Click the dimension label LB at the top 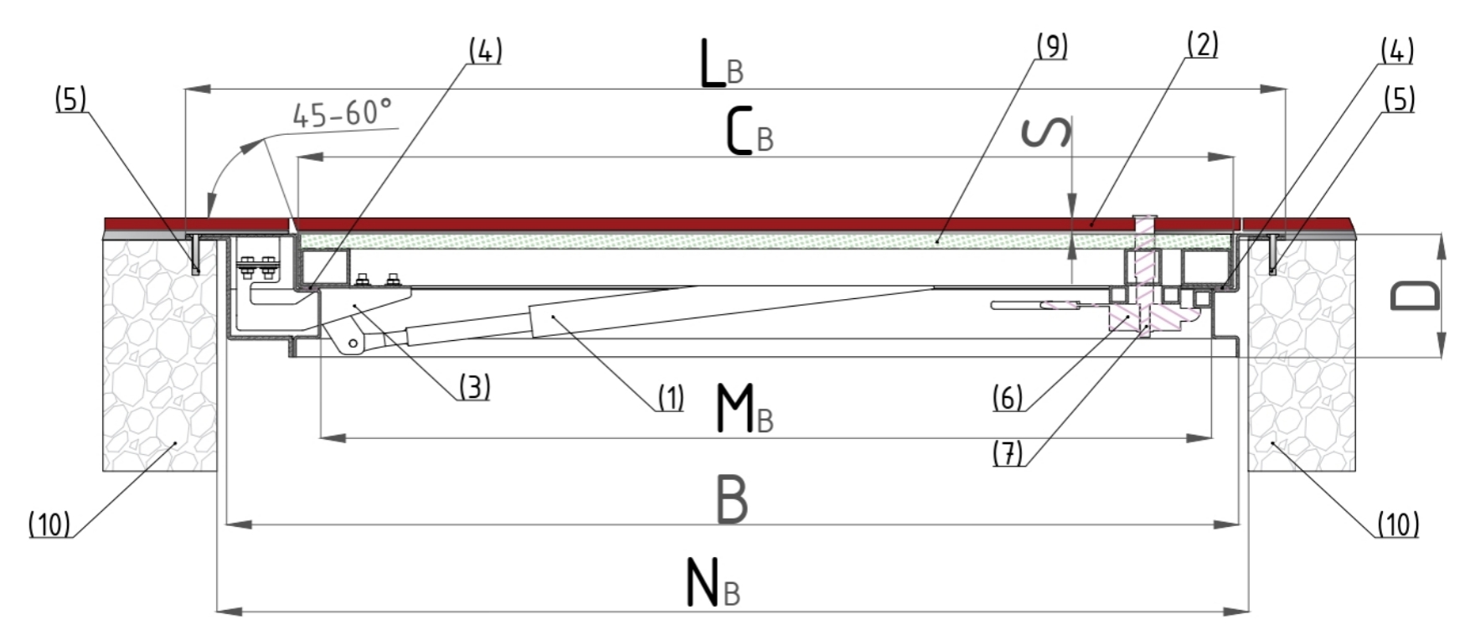(x=720, y=66)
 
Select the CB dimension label (x=749, y=133)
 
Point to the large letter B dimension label (x=732, y=500)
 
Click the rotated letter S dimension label (x=1048, y=132)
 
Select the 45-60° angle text (x=342, y=113)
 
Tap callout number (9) (x=1051, y=47)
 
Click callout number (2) (x=1201, y=44)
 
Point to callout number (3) (x=473, y=387)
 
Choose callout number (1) (x=670, y=398)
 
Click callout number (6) (x=1008, y=397)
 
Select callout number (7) (x=1008, y=453)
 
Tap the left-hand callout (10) (x=49, y=525)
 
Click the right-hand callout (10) (x=1398, y=524)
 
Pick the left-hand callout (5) (x=70, y=100)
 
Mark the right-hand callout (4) (x=1396, y=52)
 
